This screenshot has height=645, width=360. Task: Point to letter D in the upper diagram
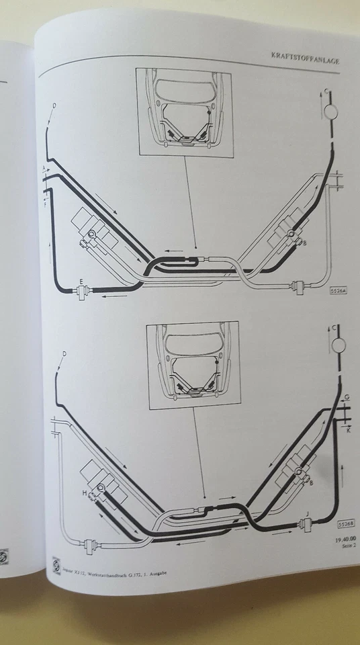coord(54,105)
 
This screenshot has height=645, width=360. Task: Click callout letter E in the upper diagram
coord(81,282)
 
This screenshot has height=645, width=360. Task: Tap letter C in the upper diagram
coord(326,89)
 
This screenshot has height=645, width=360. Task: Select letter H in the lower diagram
coord(85,492)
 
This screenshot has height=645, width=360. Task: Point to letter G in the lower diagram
coord(347,397)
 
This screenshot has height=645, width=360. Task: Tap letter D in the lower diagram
coord(64,353)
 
